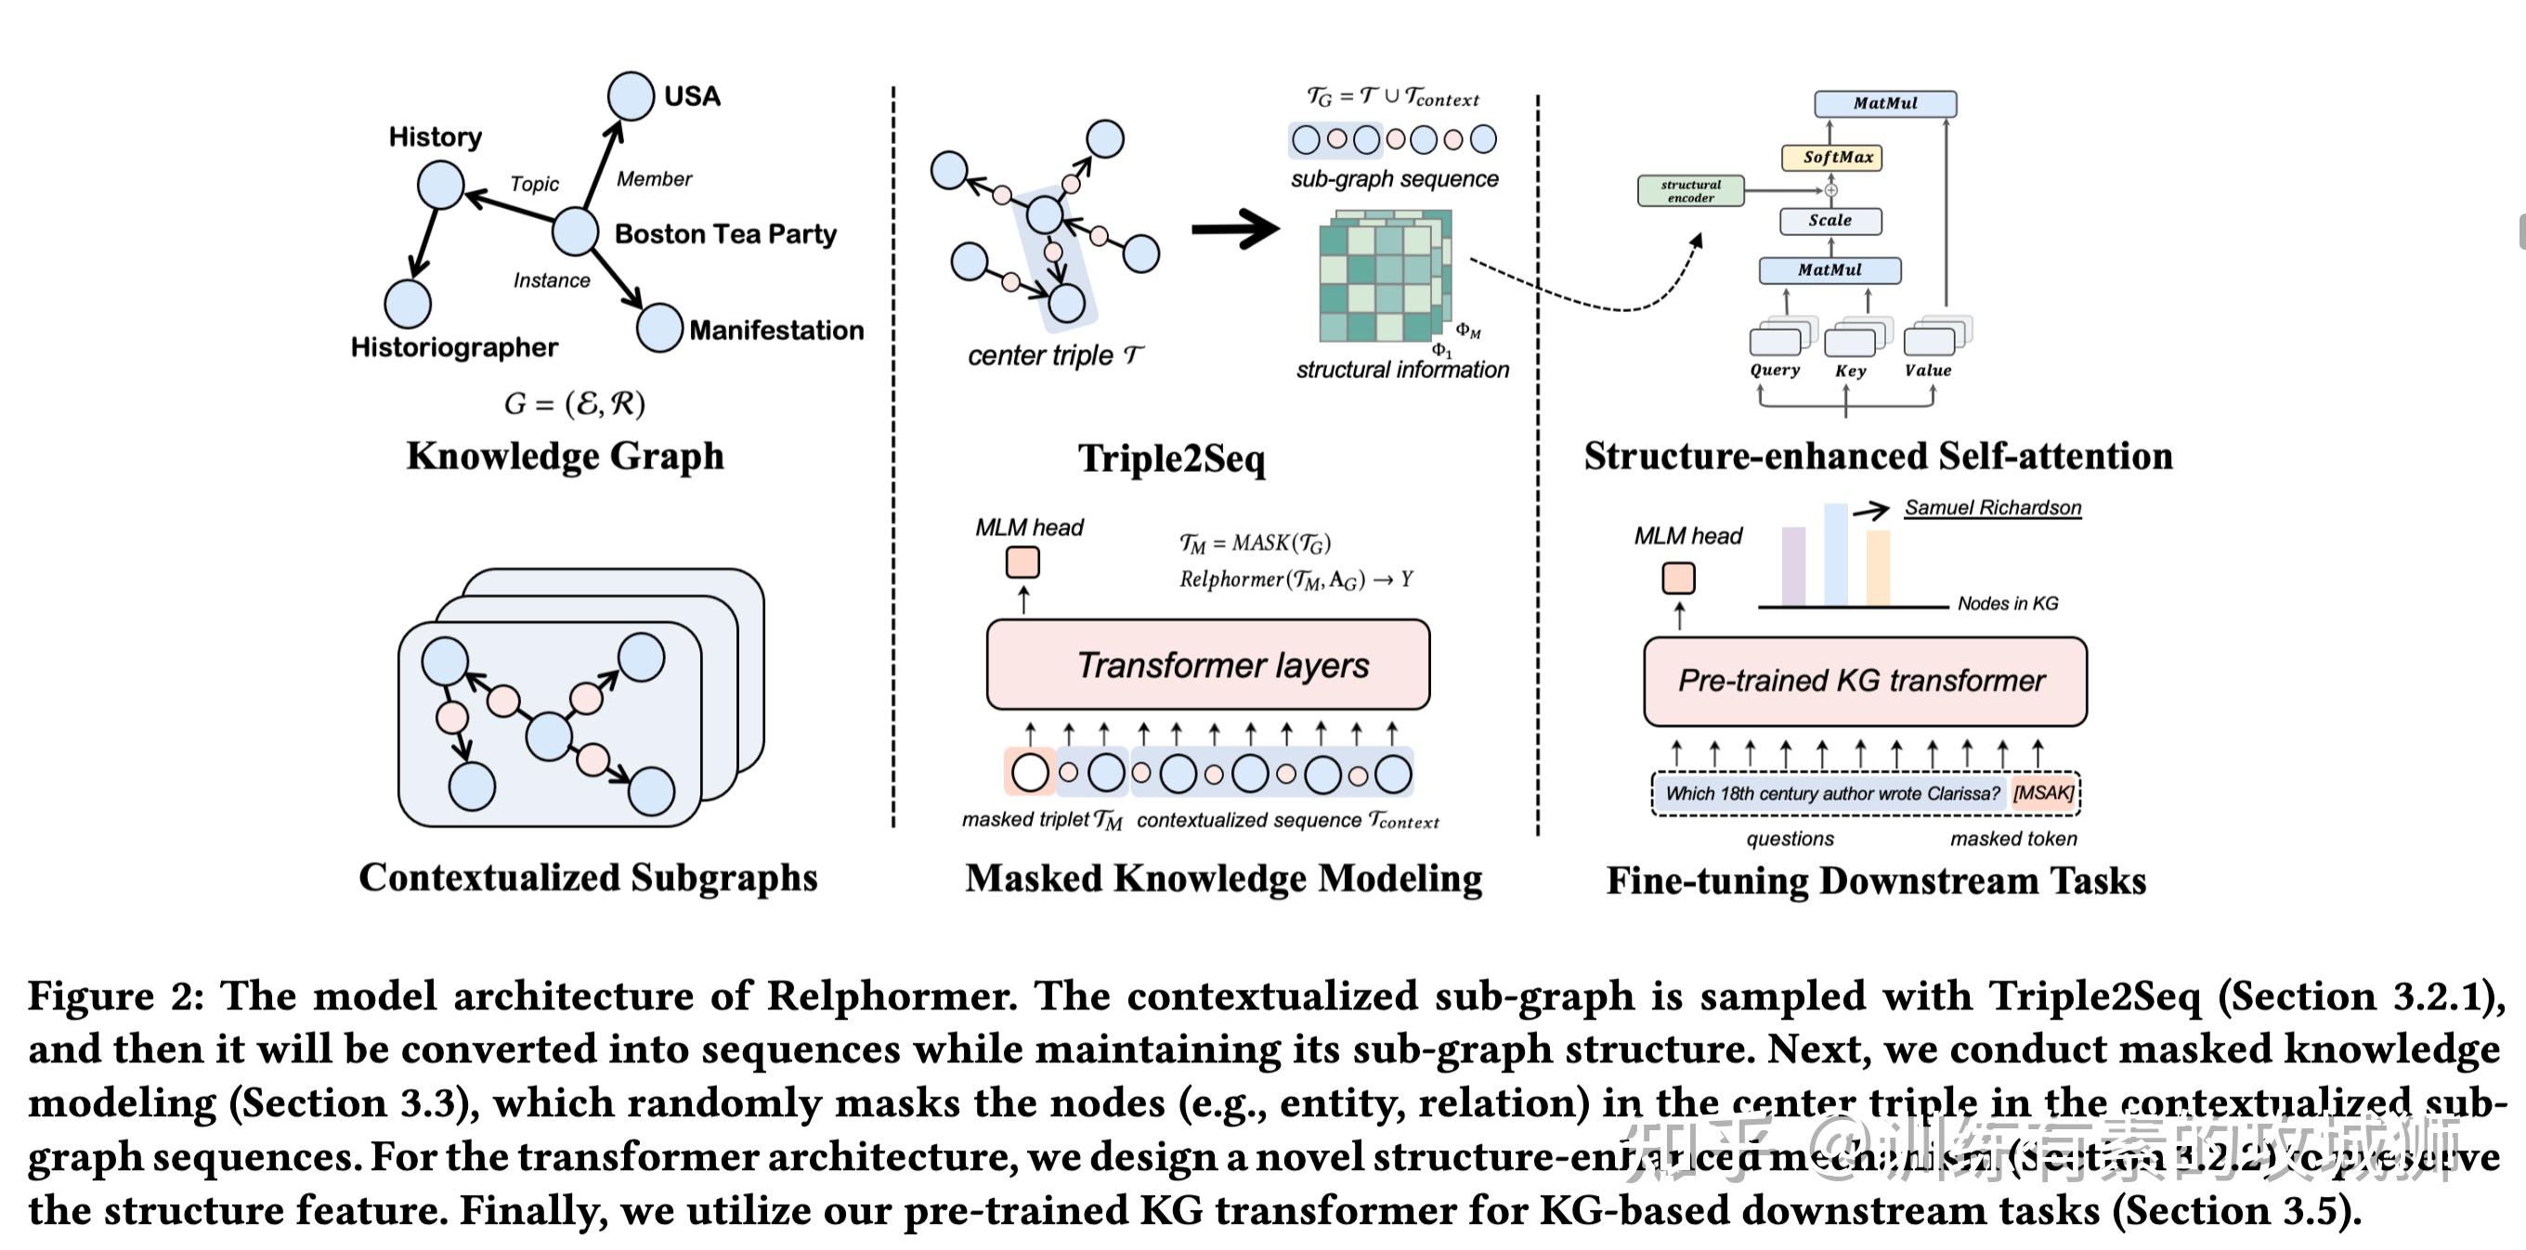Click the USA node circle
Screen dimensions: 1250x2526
tap(631, 96)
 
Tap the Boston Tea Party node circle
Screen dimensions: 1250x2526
tap(575, 231)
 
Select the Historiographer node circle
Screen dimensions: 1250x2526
tap(408, 304)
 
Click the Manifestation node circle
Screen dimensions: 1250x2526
tap(659, 328)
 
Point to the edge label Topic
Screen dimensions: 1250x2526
tap(534, 183)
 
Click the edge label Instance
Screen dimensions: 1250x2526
tap(551, 280)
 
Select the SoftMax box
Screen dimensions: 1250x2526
tap(1830, 157)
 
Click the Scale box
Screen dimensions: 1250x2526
tap(1829, 221)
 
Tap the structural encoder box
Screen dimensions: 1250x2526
tap(1690, 190)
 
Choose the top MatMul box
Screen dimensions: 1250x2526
tap(1884, 103)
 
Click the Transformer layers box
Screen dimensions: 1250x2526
tap(1208, 665)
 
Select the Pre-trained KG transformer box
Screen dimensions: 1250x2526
tap(1864, 682)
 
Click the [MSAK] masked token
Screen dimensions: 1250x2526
tap(2042, 792)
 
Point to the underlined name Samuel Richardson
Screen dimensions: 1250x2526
tap(1992, 508)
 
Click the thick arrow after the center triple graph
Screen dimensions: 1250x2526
tap(1235, 229)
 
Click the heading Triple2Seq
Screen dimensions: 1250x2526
tap(1171, 458)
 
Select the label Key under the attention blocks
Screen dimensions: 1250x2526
tap(1849, 371)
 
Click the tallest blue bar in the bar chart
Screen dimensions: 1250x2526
tap(1835, 555)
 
